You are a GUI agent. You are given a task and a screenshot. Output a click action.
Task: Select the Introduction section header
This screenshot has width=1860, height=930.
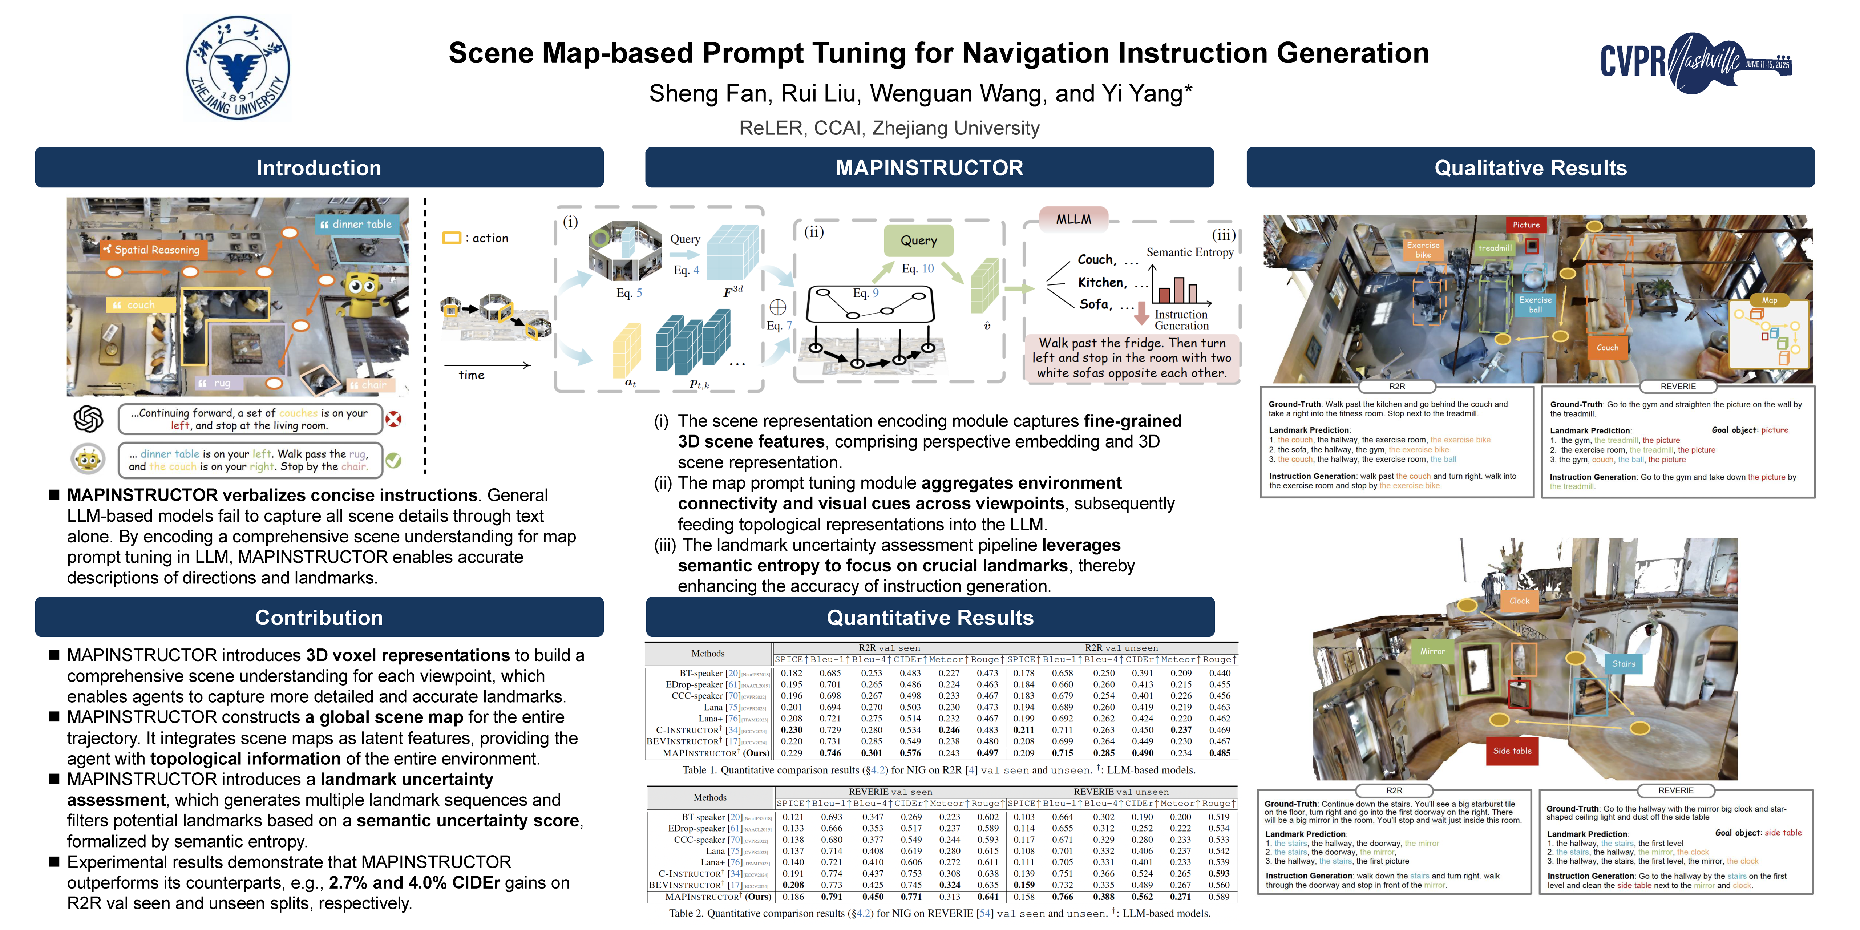coord(319,167)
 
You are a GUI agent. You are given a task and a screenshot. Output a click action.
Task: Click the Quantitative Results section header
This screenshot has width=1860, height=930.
coord(930,617)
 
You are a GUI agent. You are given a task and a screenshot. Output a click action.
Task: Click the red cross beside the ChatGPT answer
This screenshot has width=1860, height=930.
coord(393,419)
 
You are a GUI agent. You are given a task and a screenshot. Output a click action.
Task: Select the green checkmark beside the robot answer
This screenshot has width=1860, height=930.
coord(393,460)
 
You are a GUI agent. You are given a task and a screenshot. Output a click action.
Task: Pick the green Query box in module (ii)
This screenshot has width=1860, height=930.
coord(918,240)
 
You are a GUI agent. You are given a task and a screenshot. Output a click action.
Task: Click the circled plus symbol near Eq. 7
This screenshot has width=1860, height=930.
coord(778,307)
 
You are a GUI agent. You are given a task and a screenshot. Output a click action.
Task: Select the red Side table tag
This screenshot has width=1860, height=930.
coord(1512,751)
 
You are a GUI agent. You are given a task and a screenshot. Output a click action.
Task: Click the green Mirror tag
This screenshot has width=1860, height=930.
coord(1432,651)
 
